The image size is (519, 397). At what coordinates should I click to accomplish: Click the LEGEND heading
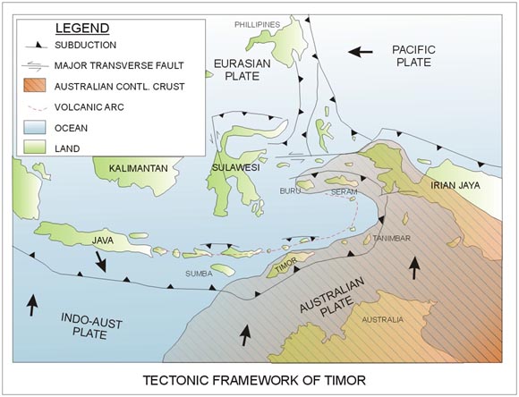(x=82, y=28)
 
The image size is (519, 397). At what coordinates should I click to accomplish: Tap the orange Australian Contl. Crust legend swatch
(x=34, y=86)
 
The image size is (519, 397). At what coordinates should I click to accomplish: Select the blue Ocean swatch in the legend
(x=34, y=127)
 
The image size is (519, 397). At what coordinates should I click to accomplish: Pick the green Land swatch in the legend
(x=34, y=147)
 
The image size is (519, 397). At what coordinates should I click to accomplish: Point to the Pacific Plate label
(x=413, y=56)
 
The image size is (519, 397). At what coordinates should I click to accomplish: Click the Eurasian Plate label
(x=242, y=70)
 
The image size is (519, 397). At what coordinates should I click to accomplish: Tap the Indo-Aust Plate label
(x=90, y=326)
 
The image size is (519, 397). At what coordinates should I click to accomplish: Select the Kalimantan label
(x=139, y=168)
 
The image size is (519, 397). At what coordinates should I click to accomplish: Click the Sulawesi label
(x=235, y=168)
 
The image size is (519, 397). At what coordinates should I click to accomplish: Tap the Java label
(x=103, y=241)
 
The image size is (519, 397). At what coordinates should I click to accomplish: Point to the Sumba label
(x=199, y=274)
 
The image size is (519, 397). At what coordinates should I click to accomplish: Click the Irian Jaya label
(x=455, y=186)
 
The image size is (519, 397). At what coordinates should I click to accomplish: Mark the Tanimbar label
(x=392, y=238)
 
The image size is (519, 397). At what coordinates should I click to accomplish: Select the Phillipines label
(x=257, y=24)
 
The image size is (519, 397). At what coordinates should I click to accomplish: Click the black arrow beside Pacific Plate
(x=360, y=52)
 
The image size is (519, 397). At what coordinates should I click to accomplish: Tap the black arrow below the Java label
(x=100, y=261)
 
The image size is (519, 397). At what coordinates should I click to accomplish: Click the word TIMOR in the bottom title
(x=344, y=380)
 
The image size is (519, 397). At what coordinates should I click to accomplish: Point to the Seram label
(x=345, y=192)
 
